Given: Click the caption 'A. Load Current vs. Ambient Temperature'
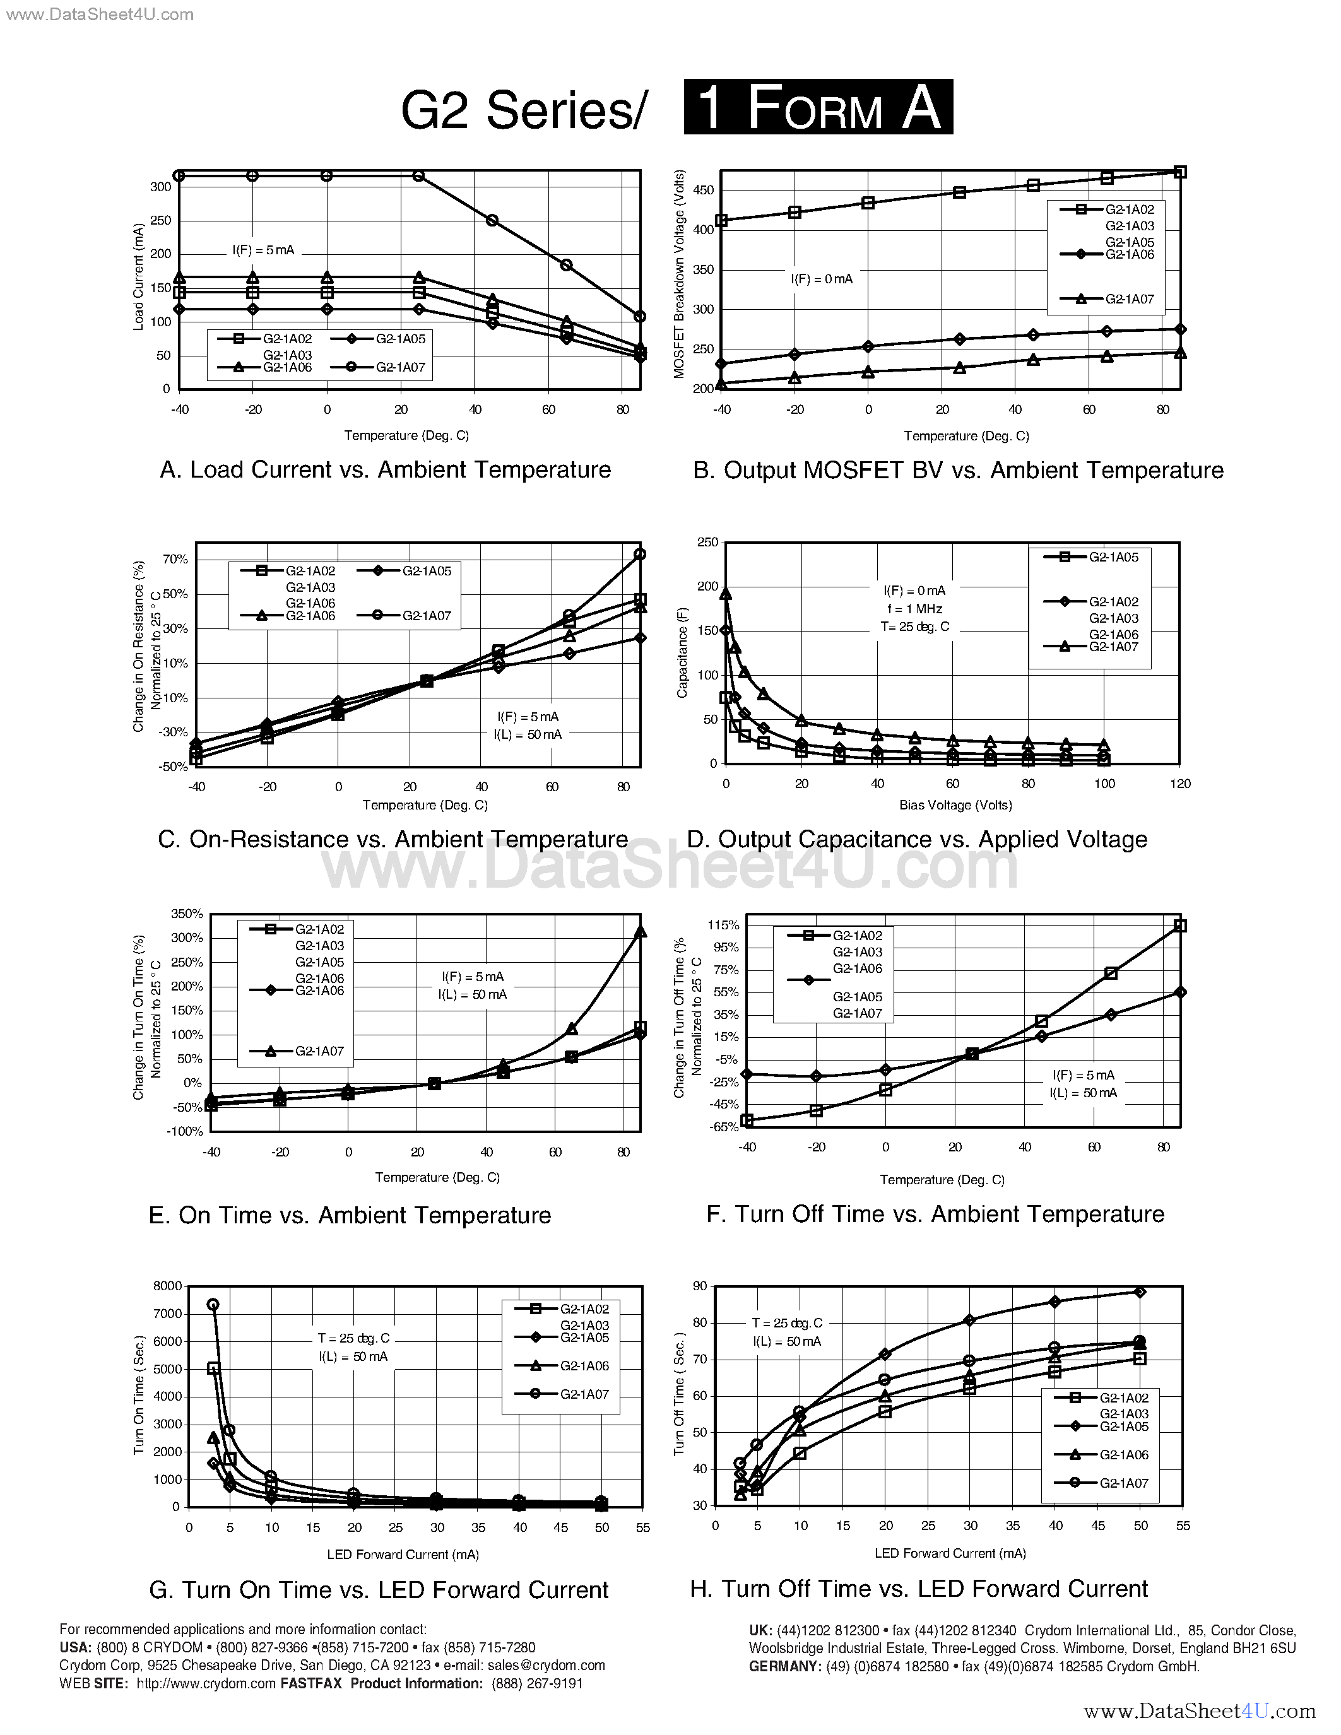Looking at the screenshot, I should [x=386, y=469].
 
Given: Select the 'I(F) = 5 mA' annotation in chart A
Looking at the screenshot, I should [x=263, y=250].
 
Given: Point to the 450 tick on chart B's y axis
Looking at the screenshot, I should [x=704, y=190].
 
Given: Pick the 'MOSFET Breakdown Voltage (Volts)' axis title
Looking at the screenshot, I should [x=679, y=274].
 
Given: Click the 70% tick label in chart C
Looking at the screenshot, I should [x=175, y=559].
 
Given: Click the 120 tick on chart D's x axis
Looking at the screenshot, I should [x=1179, y=784].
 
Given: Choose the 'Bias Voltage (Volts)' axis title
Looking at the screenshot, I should [x=955, y=805].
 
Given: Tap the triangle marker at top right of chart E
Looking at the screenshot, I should [x=641, y=932].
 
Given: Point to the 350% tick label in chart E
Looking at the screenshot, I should [x=187, y=914].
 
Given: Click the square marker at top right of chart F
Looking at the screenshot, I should [x=1179, y=926].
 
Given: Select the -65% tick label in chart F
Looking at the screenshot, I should [x=723, y=1126].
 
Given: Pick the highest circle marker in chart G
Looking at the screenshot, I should [x=213, y=1305].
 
